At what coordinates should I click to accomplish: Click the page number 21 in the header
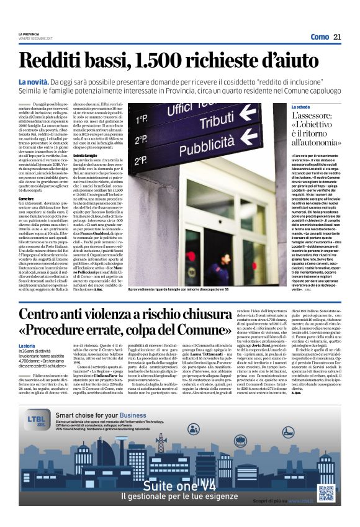point(337,37)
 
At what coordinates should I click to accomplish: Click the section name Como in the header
point(319,37)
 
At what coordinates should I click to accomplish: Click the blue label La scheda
point(318,107)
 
